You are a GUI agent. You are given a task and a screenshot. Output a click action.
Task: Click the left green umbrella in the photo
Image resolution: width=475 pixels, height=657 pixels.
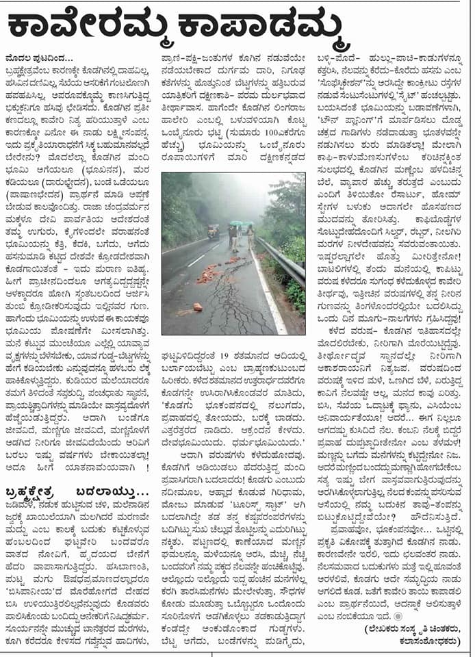[237, 223]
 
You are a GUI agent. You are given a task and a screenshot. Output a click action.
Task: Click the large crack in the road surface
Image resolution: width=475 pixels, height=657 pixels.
[240, 294]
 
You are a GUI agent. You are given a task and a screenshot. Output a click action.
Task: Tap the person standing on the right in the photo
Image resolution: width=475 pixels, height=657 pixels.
[251, 236]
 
